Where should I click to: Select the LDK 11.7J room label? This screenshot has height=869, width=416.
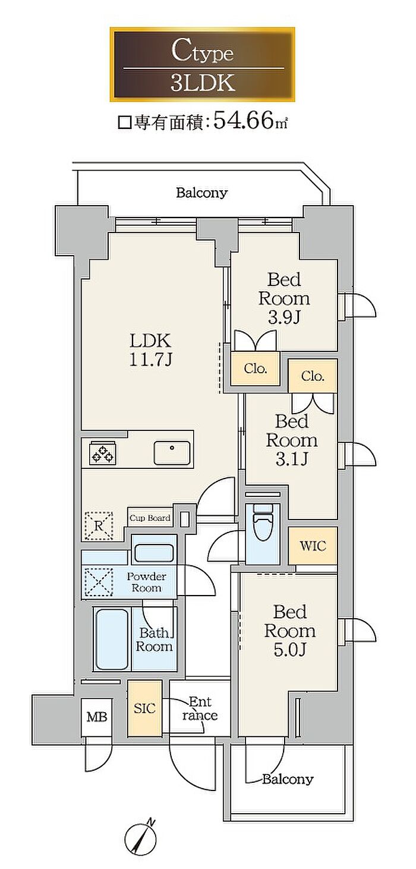click(x=150, y=350)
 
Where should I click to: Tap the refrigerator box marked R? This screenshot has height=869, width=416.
click(x=99, y=525)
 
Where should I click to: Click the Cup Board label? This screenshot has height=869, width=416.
click(x=150, y=518)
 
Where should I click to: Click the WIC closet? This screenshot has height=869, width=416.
click(x=313, y=546)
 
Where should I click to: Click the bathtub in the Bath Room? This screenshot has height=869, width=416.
click(x=112, y=639)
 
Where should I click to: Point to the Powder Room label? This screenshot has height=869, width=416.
click(x=146, y=582)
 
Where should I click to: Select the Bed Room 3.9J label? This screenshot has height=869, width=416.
click(x=284, y=298)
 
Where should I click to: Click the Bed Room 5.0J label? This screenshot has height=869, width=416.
click(x=289, y=631)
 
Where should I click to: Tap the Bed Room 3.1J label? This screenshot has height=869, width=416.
click(x=292, y=440)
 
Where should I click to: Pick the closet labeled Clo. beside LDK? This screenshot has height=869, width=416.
click(x=255, y=369)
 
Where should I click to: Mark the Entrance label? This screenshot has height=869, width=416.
click(x=200, y=709)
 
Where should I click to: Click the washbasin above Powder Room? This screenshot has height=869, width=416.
click(x=154, y=552)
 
